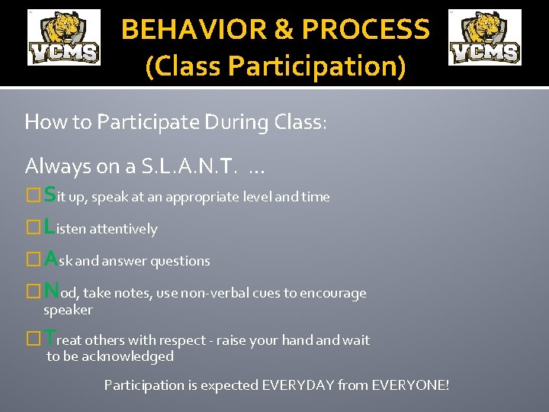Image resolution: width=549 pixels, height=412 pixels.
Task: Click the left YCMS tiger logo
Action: point(64,37)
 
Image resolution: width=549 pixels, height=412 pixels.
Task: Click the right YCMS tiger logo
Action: point(485,37)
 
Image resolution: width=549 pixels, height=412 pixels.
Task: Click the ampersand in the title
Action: point(282,30)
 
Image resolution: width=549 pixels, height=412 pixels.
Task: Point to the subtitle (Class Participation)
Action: point(275,66)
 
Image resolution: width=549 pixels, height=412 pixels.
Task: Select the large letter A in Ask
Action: point(50,259)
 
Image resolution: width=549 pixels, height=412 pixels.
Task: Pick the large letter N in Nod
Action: point(51,291)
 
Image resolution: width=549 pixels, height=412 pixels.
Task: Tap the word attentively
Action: point(124,229)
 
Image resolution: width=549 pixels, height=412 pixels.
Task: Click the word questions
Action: point(180,261)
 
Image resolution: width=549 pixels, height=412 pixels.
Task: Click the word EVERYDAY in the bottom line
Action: point(297,385)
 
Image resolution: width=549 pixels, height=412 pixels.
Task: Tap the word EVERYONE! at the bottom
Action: point(410,385)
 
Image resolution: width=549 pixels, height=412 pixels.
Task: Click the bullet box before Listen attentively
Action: point(32,228)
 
